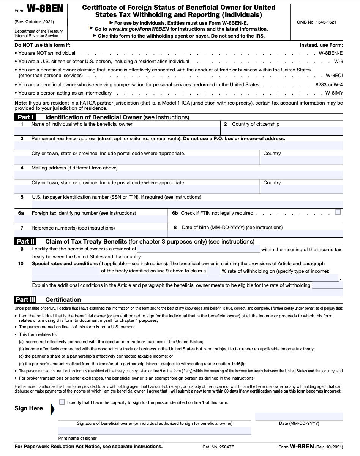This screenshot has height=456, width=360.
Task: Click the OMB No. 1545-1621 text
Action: pyautogui.click(x=316, y=22)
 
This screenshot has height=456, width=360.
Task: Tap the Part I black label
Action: pyautogui.click(x=25, y=117)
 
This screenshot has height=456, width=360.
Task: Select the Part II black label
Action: pyautogui.click(x=25, y=241)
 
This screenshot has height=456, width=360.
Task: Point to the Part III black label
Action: pyautogui.click(x=26, y=299)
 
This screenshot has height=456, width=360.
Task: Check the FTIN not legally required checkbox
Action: pyautogui.click(x=338, y=212)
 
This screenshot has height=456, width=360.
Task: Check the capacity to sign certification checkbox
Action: pyautogui.click(x=62, y=402)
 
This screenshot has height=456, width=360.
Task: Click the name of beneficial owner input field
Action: pyautogui.click(x=117, y=131)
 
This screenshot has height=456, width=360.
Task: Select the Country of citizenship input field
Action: pyautogui.click(x=282, y=131)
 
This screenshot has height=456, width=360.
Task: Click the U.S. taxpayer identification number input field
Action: pyautogui.click(x=178, y=204)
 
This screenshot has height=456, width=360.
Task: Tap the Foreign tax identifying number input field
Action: pyautogui.click(x=91, y=219)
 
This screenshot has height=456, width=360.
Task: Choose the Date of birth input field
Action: pyautogui.click(x=255, y=234)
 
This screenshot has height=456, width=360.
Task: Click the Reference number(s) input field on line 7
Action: pyautogui.click(x=91, y=234)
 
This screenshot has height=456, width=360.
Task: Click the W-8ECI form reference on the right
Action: pyautogui.click(x=334, y=76)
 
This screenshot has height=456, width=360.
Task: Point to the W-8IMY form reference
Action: pyautogui.click(x=334, y=93)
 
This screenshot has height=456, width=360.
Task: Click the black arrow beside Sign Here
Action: pyautogui.click(x=52, y=409)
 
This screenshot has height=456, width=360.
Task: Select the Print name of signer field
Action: pyautogui.click(x=155, y=431)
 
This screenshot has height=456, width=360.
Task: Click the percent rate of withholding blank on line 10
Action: pyautogui.click(x=214, y=271)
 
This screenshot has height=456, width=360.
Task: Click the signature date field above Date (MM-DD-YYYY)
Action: pyautogui.click(x=299, y=416)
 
